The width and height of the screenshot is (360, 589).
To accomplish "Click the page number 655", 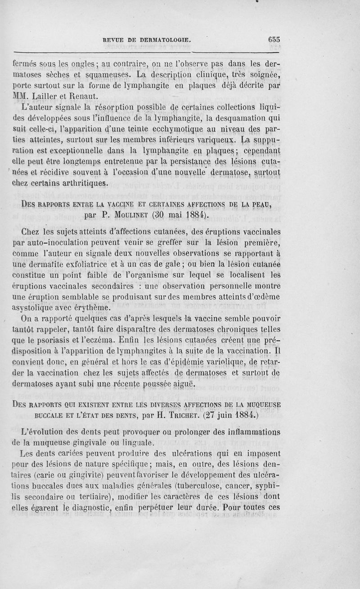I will [x=274, y=39].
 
